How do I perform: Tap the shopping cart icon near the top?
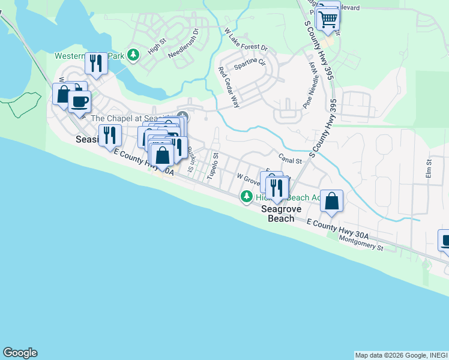pos(328,19)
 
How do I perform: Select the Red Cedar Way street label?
pos(229,88)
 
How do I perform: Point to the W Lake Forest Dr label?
pos(246,40)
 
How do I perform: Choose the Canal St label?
pos(289,160)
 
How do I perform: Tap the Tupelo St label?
pos(212,166)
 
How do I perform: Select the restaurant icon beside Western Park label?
pos(95,62)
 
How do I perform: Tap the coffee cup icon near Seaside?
pos(80,101)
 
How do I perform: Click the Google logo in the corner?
pos(20,353)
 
